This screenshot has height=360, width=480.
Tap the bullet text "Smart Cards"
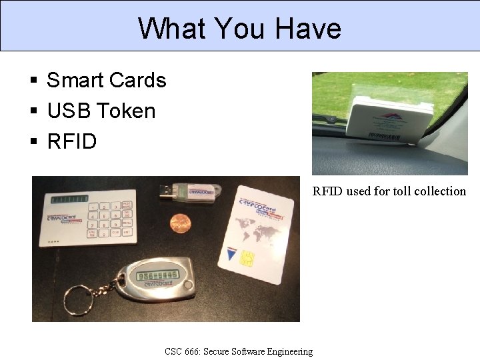[x=106, y=80]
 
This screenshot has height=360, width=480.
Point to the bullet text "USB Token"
[x=101, y=111]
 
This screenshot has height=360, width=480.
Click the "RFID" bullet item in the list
[x=71, y=141]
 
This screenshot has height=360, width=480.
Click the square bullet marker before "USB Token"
[x=33, y=111]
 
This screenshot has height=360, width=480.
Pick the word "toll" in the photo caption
[x=399, y=191]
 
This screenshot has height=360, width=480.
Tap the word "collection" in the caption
[x=440, y=191]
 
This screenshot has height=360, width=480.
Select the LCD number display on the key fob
[x=157, y=275]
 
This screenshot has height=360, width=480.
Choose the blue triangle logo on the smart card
[x=231, y=253]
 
